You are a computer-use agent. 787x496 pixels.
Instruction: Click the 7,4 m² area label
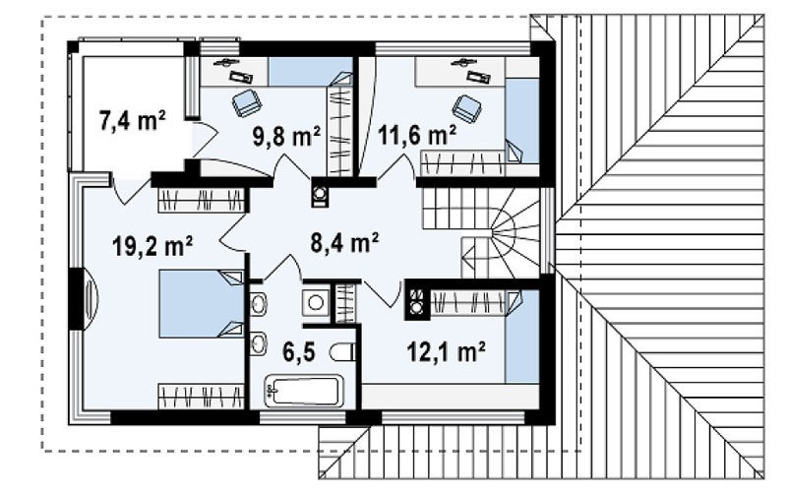132,120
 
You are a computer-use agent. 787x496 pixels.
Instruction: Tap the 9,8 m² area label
286,136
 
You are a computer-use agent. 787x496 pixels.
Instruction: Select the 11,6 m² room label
417,135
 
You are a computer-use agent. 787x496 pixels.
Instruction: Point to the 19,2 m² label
152,245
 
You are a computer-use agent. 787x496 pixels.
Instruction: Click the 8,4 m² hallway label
344,243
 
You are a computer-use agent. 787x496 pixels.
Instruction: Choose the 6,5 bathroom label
299,352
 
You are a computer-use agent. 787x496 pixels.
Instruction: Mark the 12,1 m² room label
446,352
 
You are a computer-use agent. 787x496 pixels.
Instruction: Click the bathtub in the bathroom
304,391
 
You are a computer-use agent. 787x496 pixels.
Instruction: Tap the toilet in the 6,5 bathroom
342,352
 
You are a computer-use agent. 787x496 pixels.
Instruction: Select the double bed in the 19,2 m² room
202,304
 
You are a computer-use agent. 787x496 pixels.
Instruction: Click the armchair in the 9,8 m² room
247,102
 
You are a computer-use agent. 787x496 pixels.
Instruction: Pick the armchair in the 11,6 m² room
466,109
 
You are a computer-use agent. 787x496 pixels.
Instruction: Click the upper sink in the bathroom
258,303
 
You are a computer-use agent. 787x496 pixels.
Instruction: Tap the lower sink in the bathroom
258,344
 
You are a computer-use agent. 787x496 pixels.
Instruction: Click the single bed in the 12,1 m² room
522,337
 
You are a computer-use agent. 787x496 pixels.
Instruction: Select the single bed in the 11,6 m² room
522,120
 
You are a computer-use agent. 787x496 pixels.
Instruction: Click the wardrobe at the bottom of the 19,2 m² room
202,396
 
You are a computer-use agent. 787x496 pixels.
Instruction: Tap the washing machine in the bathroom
316,303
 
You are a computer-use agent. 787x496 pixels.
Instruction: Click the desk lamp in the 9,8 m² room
226,62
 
